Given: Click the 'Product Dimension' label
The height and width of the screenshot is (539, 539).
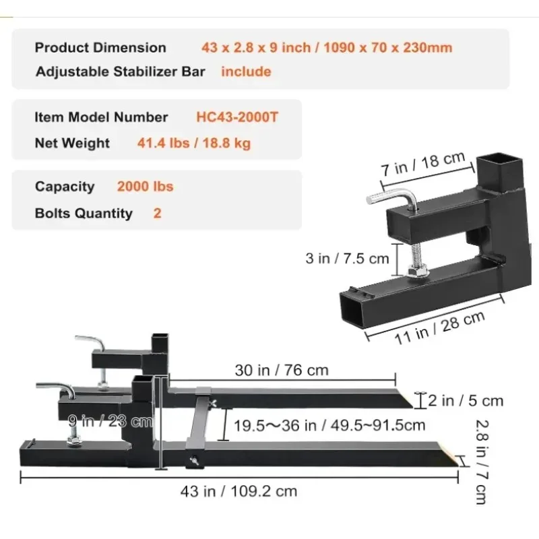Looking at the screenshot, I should [100, 48].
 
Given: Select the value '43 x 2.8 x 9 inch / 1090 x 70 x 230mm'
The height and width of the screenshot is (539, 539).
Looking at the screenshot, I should [326, 48].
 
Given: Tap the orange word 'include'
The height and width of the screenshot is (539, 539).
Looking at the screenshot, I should [246, 71].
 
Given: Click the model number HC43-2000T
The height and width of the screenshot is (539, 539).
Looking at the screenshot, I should [236, 117].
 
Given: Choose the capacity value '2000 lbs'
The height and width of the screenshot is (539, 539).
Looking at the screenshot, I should [145, 187].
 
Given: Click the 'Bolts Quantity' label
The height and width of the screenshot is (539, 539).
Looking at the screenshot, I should [84, 214].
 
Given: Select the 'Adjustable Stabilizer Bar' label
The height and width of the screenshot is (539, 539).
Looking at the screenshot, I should [120, 71].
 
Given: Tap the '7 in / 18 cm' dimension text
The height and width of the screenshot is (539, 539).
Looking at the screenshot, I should [423, 164].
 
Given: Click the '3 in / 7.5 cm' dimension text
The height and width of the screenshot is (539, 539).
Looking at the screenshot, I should [348, 258].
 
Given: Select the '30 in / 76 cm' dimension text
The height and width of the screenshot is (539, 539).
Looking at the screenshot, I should [282, 370].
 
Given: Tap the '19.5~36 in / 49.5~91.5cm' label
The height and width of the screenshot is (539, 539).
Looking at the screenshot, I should [329, 425].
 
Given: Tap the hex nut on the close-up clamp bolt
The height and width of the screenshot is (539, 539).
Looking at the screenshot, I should [415, 270].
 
